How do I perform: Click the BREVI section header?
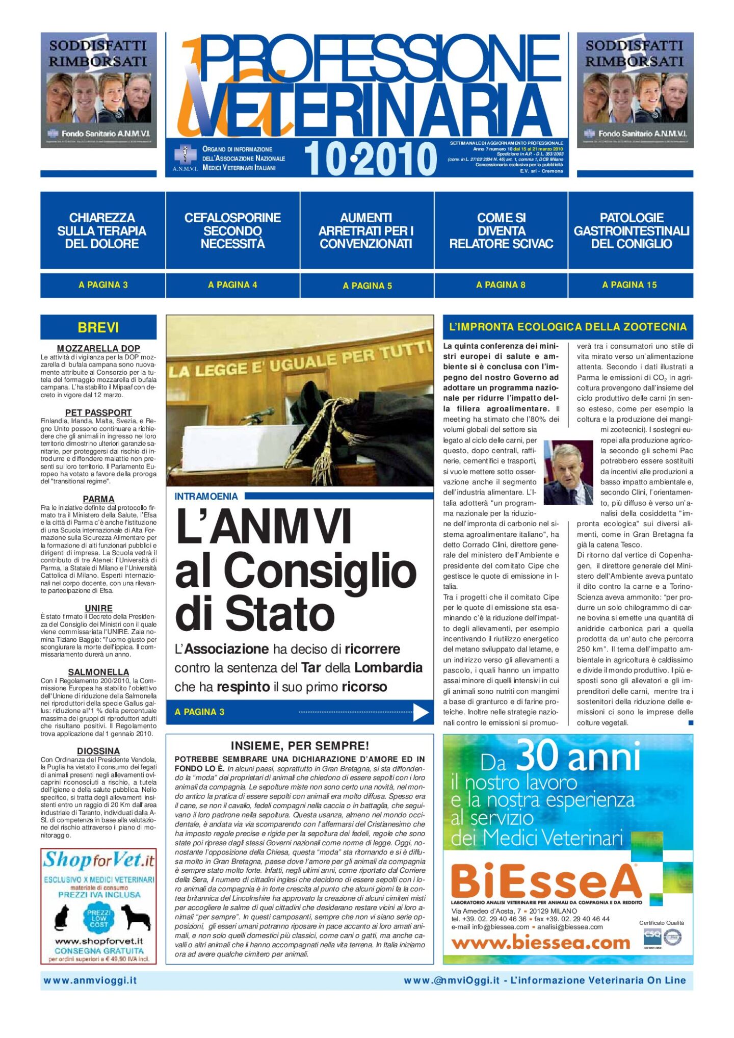click(x=98, y=327)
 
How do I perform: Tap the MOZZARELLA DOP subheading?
click(x=98, y=349)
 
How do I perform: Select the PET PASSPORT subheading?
click(x=98, y=412)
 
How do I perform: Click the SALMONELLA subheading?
click(x=98, y=672)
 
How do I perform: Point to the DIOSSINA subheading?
click(x=98, y=751)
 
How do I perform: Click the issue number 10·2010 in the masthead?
click(x=371, y=159)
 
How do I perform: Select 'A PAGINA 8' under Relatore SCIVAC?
click(x=501, y=285)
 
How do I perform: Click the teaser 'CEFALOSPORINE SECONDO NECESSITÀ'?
click(x=232, y=230)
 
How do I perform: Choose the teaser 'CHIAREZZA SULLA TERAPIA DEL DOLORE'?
click(x=102, y=230)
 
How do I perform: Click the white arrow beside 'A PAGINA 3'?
click(x=421, y=712)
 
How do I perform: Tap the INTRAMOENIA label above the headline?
click(x=206, y=496)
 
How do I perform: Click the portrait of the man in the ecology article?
click(x=568, y=473)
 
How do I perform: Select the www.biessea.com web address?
click(x=540, y=943)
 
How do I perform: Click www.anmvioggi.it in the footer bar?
click(x=90, y=980)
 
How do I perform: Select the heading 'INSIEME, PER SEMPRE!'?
click(x=300, y=745)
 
